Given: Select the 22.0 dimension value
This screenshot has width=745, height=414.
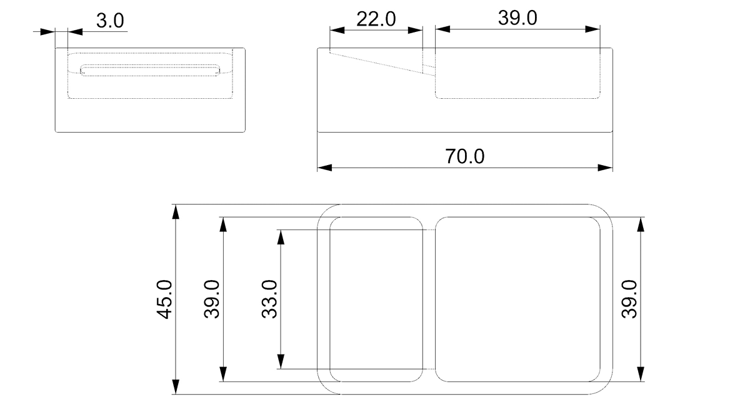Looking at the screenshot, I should point(376,19).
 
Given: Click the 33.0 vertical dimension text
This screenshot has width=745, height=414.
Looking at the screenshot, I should point(270,300).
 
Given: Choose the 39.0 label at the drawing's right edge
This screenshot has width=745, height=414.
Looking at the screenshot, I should point(630,299).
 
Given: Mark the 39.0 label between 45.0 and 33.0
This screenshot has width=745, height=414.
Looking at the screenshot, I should point(212,300).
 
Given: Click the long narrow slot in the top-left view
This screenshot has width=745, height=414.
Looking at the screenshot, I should point(150,71).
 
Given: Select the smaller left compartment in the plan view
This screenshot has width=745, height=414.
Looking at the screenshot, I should point(376,299).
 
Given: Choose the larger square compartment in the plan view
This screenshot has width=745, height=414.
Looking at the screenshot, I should point(518,299).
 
